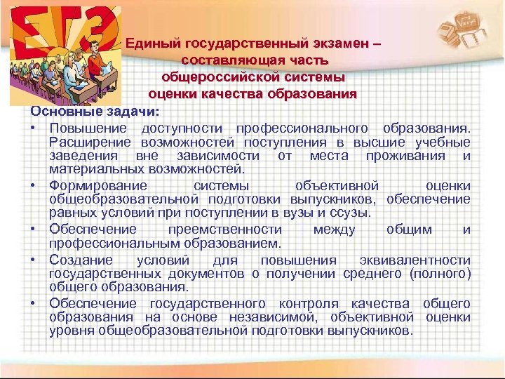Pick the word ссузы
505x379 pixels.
coord(353,213)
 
